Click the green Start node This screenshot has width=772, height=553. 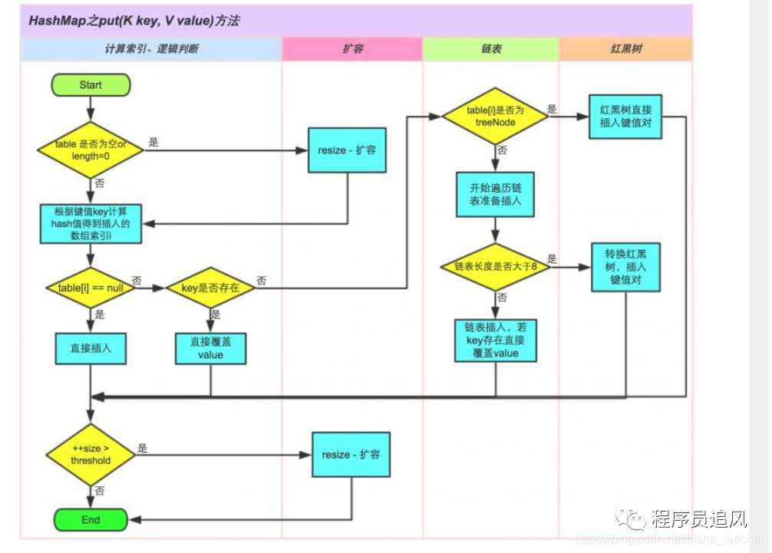91,85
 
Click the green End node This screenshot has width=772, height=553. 91,519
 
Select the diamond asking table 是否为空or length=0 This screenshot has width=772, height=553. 91,149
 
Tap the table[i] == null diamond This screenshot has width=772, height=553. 91,288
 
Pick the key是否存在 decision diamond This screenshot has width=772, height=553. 210,288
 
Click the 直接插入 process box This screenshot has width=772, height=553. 91,347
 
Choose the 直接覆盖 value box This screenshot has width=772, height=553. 210,348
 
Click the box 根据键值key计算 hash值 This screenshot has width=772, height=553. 91,223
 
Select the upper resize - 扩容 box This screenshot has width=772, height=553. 347,150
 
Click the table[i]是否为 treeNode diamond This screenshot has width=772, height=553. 495,117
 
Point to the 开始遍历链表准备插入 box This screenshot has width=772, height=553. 495,194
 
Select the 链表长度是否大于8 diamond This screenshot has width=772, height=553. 495,267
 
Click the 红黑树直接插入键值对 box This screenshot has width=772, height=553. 625,117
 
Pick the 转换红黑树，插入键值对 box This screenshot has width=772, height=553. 626,267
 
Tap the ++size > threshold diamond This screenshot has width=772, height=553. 91,455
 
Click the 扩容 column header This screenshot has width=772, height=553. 352,49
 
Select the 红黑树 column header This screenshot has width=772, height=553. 625,49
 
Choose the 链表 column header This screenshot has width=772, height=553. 491,49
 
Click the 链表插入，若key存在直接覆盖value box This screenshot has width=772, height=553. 495,341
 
